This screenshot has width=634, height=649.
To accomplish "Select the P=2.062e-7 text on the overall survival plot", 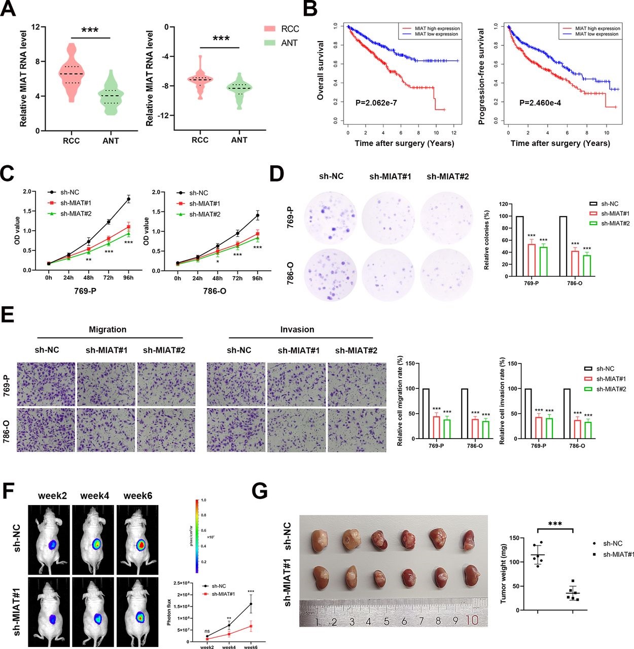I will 376,103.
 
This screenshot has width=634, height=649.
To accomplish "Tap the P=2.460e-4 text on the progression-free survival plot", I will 540,103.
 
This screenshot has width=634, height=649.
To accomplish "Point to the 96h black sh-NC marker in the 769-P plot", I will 128,199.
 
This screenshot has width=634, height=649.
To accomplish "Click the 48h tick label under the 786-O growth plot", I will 217,278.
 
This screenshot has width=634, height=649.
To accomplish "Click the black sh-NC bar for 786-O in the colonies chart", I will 562,246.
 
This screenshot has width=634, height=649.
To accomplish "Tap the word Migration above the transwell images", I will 108,330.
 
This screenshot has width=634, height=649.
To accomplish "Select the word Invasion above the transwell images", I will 297,330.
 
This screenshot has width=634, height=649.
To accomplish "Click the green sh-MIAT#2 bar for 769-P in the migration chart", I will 447,429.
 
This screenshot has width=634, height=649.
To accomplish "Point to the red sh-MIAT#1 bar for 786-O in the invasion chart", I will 577,429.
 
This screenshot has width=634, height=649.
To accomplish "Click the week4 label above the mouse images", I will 94,495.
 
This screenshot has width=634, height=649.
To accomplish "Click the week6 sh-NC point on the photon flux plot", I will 251,604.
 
